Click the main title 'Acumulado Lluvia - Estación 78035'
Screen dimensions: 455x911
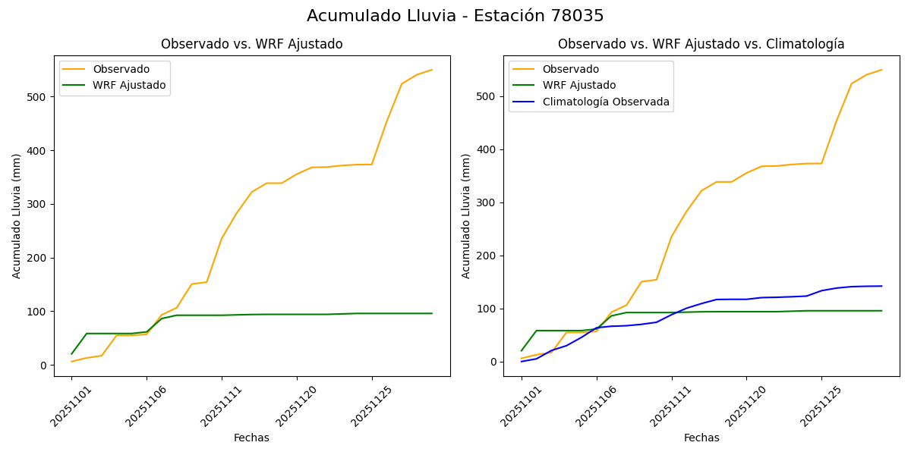click(455, 16)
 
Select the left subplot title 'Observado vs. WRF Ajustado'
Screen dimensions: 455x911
click(251, 44)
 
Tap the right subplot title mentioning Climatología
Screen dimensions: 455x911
click(701, 44)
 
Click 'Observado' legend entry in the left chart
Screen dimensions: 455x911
click(121, 69)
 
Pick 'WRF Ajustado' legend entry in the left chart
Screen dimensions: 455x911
click(129, 85)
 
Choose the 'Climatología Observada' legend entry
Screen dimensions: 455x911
click(605, 102)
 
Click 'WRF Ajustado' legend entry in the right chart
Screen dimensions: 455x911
click(578, 85)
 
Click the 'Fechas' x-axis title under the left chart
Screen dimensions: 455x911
click(251, 438)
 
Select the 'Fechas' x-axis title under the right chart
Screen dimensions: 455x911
click(701, 438)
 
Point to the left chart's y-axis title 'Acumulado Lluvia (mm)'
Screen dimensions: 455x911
click(17, 215)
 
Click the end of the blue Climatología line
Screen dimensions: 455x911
click(881, 286)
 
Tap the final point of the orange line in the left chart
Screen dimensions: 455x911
click(432, 70)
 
